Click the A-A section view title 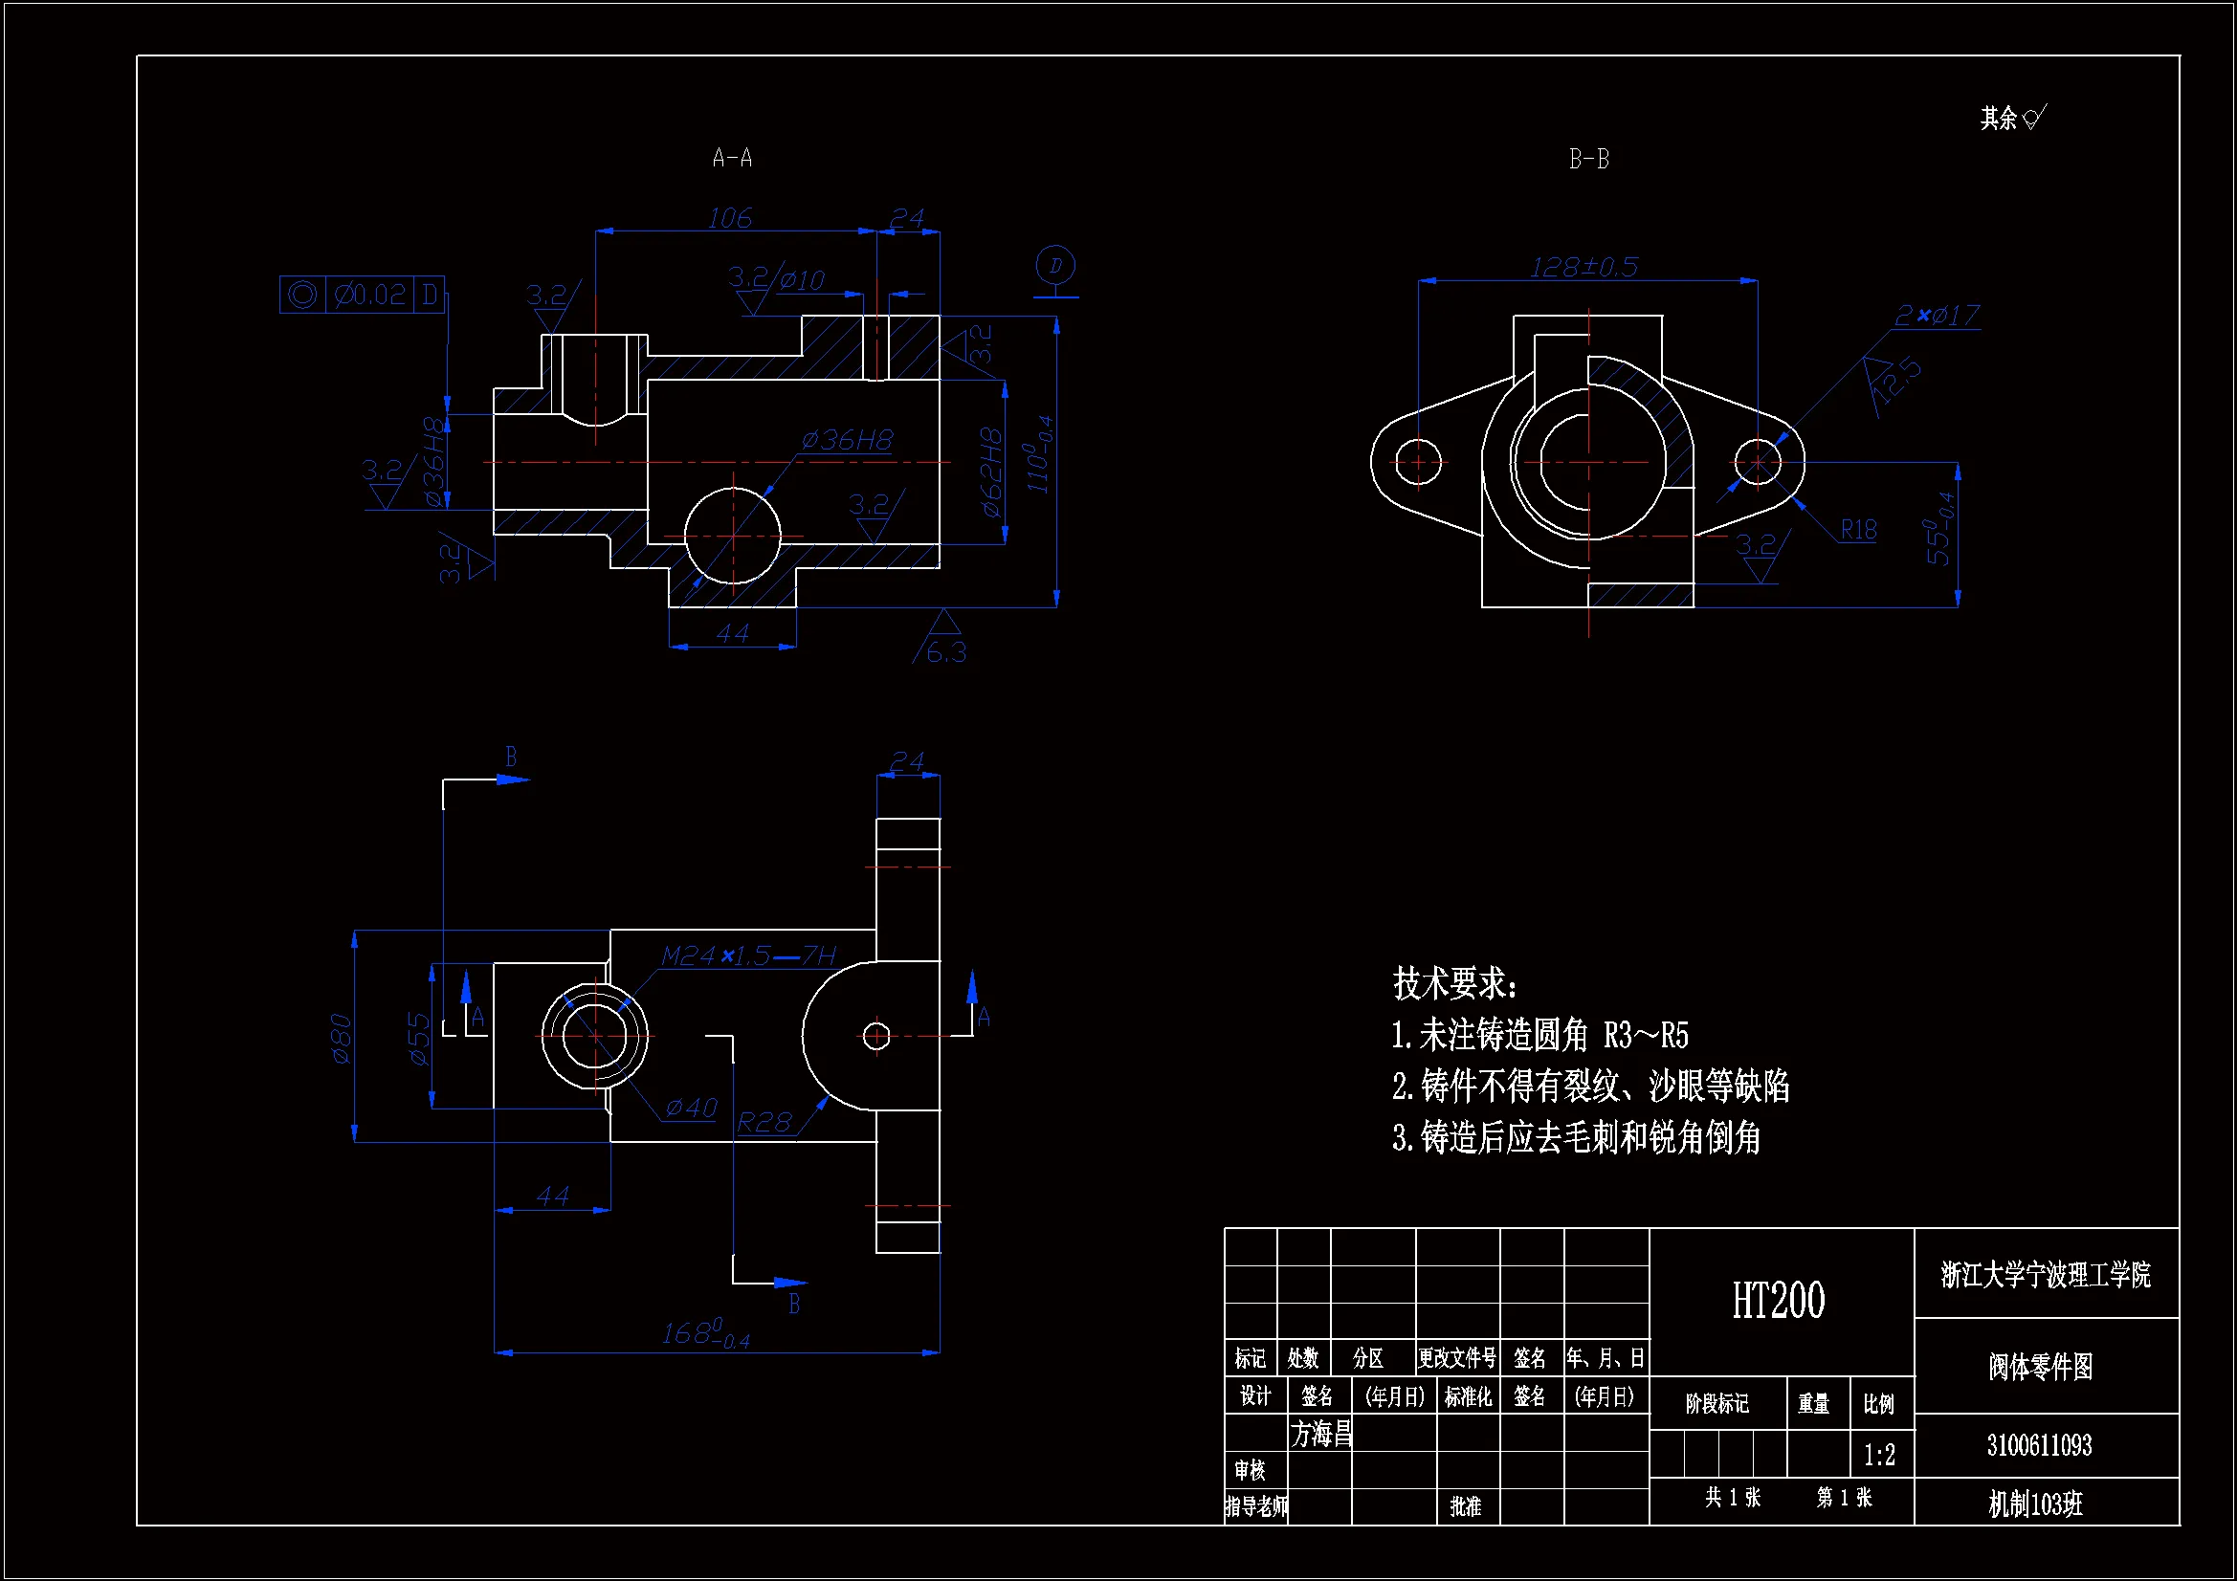[732, 158]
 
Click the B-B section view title [1588, 159]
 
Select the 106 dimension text [730, 218]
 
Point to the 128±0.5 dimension [1584, 267]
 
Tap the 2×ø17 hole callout [1937, 316]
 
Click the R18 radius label [1858, 530]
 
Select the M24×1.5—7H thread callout [748, 956]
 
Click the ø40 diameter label [691, 1109]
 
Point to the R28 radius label [764, 1123]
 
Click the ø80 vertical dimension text [341, 1039]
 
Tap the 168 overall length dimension [704, 1333]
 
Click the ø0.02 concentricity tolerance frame [363, 295]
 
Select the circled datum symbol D [1054, 266]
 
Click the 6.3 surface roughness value [945, 652]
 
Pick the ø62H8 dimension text [991, 472]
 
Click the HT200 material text [1778, 1302]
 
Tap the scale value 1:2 [1879, 1456]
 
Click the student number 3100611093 [2039, 1445]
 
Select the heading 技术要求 [1453, 984]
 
